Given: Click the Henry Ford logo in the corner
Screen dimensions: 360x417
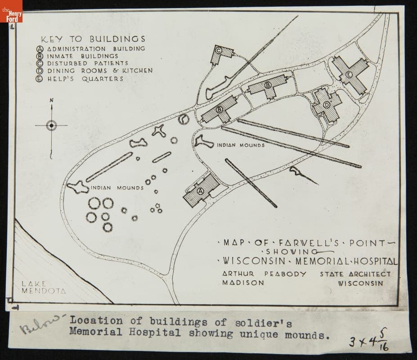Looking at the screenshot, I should click(11, 11).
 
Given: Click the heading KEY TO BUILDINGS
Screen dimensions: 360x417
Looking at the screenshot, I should click(93, 39).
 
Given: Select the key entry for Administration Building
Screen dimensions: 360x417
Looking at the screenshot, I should click(90, 49).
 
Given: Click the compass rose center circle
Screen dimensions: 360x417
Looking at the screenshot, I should click(52, 125).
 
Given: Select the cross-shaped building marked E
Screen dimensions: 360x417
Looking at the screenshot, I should click(349, 74).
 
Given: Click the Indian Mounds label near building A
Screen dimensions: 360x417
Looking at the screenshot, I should click(240, 145).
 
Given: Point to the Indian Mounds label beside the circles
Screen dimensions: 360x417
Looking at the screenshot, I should click(117, 188).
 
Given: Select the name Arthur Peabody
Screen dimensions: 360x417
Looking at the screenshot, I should click(265, 274).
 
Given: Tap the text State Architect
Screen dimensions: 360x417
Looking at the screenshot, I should click(355, 274).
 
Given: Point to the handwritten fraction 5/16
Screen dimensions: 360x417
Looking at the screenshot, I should click(383, 340).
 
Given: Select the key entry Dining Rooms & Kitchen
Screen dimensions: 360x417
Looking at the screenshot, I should click(94, 71).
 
